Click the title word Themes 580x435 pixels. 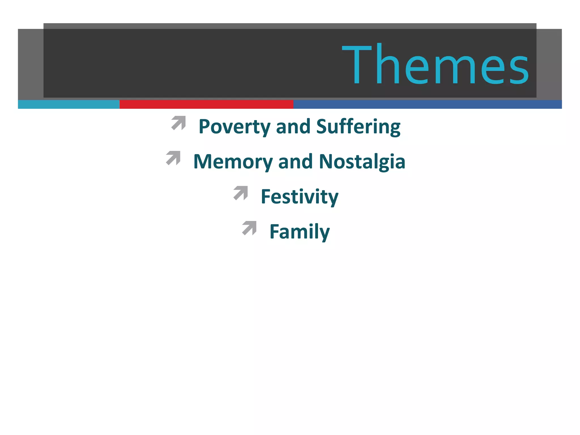[436, 65]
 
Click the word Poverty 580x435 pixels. [234, 127]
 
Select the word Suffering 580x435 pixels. [358, 127]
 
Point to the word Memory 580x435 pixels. [233, 162]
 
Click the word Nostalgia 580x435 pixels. [362, 162]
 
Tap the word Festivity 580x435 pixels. [300, 197]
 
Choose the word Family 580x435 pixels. [300, 232]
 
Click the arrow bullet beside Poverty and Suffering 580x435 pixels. [179, 123]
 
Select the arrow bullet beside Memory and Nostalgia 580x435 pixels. [173, 158]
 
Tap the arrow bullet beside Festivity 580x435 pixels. [241, 193]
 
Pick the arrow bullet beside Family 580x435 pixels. [250, 228]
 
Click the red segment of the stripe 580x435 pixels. [206, 104]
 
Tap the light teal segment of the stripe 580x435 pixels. [69, 104]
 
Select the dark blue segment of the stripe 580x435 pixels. [427, 104]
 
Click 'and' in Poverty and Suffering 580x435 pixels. [293, 127]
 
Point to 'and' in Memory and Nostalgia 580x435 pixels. [296, 162]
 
